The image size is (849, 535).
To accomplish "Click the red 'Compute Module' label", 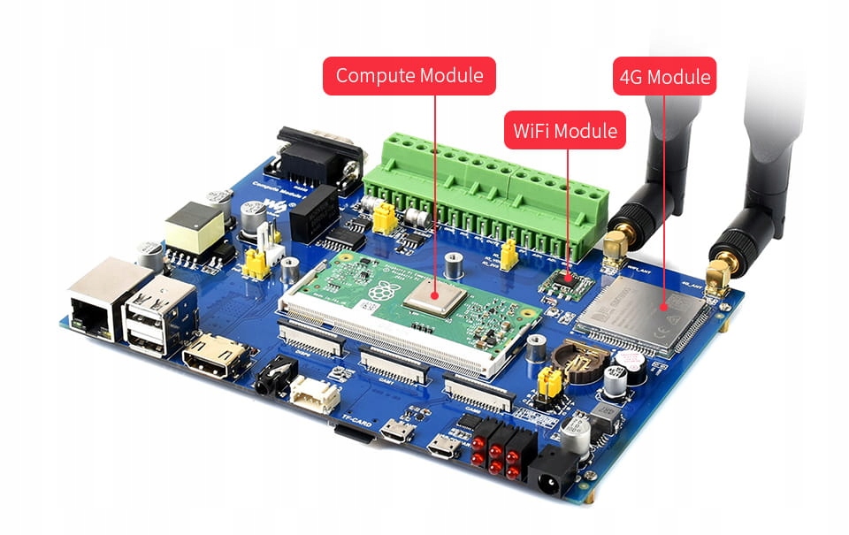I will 409,76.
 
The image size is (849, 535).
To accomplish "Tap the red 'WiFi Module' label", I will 565,130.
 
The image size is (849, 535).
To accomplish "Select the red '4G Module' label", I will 665,77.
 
